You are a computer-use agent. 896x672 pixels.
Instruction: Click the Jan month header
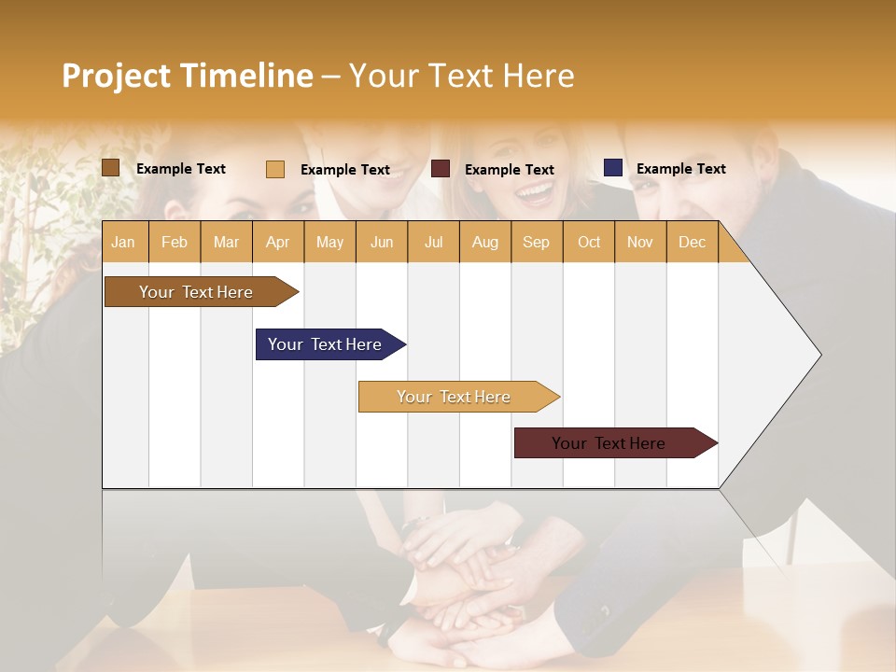coord(124,242)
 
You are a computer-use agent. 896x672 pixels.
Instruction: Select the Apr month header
coord(277,242)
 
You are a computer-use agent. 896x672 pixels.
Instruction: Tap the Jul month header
coord(433,242)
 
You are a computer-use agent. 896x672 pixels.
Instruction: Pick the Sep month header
coord(536,242)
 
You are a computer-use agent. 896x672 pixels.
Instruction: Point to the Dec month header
coord(692,242)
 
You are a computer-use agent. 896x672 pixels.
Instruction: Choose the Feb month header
coord(175,242)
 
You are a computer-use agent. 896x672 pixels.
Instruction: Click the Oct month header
coord(589,242)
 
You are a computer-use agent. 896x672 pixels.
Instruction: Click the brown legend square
coord(110,168)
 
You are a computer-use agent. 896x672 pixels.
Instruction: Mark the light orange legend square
coord(275,169)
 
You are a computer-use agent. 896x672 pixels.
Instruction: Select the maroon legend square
coord(441,169)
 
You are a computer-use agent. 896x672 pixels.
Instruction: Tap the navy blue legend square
coord(612,168)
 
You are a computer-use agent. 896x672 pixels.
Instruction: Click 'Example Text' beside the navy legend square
coord(680,169)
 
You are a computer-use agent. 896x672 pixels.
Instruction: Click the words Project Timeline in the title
coord(187,76)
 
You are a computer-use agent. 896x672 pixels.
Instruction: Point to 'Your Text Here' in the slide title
coord(461,76)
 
